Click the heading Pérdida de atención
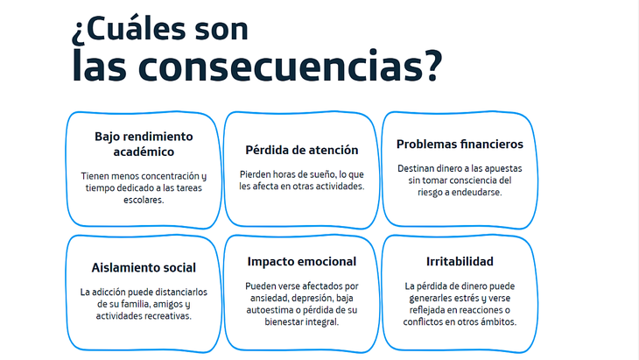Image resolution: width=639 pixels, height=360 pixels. tap(302, 150)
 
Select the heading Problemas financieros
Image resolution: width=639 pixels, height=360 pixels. tap(460, 144)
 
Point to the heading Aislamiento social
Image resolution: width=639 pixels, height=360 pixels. tap(144, 267)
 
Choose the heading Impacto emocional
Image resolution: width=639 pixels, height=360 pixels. tap(302, 261)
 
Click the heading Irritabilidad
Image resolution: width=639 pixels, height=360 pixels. tap(460, 261)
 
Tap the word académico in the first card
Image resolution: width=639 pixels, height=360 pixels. tap(144, 152)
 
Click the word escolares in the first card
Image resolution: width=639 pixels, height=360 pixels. tap(143, 200)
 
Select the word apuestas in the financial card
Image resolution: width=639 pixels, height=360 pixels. tap(503, 169)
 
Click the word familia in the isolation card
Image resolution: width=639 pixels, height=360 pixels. tap(135, 304)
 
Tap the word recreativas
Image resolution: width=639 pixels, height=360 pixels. tap(167, 316)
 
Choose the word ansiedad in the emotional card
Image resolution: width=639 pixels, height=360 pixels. tap(270, 298)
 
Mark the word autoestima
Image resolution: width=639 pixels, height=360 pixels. tap(266, 310)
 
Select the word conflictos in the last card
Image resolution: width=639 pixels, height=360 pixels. tap(423, 321)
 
